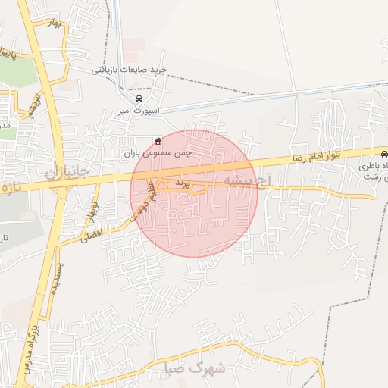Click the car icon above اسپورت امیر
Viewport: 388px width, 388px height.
(x=139, y=99)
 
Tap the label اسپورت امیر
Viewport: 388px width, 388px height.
(x=135, y=111)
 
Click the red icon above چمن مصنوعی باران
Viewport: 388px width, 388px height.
(x=158, y=141)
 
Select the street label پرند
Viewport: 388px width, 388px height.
(x=180, y=183)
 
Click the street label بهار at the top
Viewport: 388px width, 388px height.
(x=52, y=25)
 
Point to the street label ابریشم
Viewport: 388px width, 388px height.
(x=33, y=107)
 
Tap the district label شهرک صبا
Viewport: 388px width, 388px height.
(x=196, y=368)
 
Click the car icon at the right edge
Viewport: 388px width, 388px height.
(x=383, y=152)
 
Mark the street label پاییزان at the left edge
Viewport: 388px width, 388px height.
(x=6, y=53)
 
